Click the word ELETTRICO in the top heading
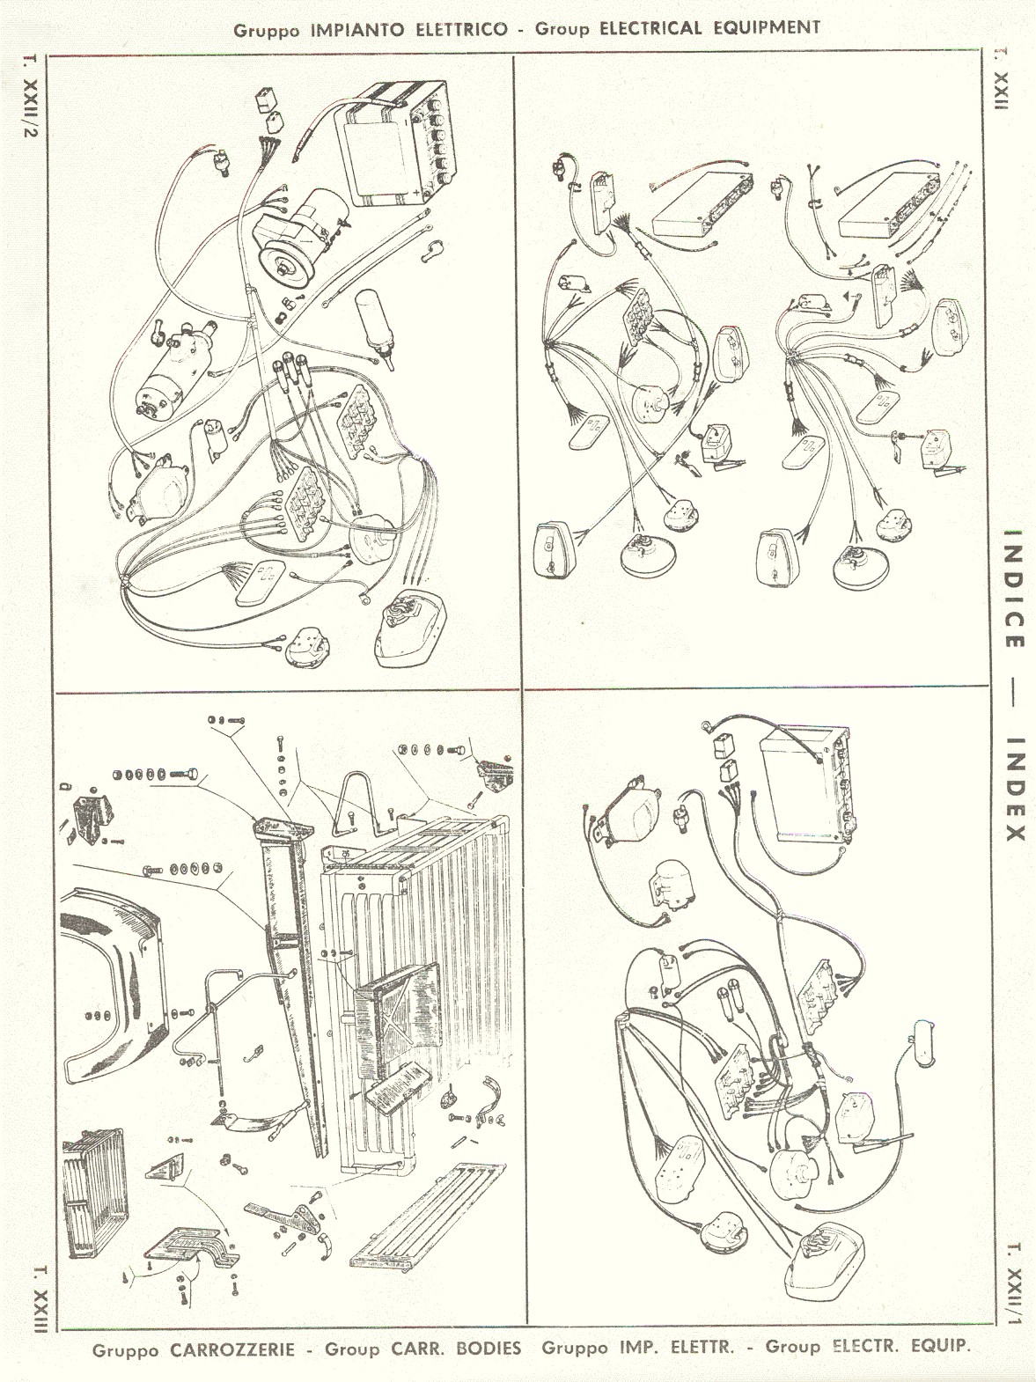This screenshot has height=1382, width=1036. [461, 30]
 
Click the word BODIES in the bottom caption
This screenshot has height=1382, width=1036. [489, 1348]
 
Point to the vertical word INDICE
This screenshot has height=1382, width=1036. [1013, 588]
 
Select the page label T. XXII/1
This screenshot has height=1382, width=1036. [1014, 1284]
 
